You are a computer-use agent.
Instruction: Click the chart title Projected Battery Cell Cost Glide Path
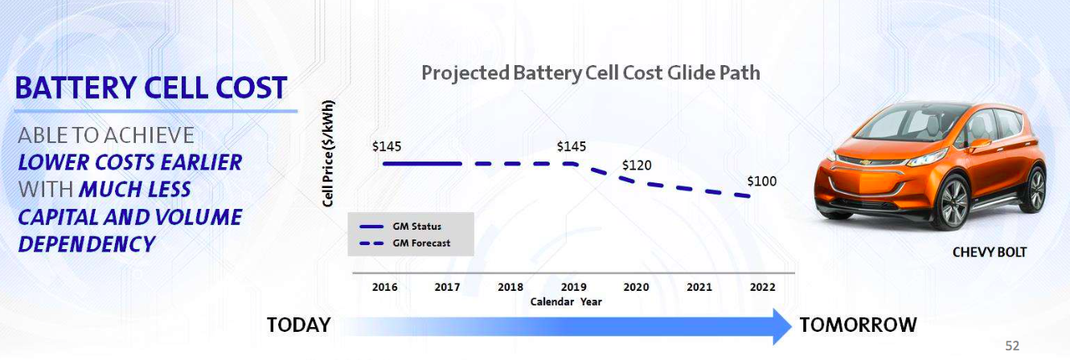tap(590, 73)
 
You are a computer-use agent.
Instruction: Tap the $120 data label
tap(637, 165)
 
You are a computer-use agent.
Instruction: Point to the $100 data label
tap(762, 182)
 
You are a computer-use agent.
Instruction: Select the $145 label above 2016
tap(387, 147)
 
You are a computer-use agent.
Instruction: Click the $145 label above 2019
tap(572, 146)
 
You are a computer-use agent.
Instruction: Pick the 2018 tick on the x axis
tap(510, 287)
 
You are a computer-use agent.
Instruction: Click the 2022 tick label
tap(761, 287)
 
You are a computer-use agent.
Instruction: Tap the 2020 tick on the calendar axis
tap(636, 287)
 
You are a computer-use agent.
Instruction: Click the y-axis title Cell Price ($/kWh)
tap(328, 153)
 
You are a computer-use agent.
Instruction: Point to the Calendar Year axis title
tap(566, 302)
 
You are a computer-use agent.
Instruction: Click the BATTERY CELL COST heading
tap(151, 88)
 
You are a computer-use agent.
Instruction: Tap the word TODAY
tap(299, 325)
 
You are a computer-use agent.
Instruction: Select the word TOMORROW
tap(858, 325)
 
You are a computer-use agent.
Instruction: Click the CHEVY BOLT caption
tap(990, 252)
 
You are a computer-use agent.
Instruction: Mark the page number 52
tap(1012, 346)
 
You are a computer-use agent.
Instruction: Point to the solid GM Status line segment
tap(422, 164)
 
